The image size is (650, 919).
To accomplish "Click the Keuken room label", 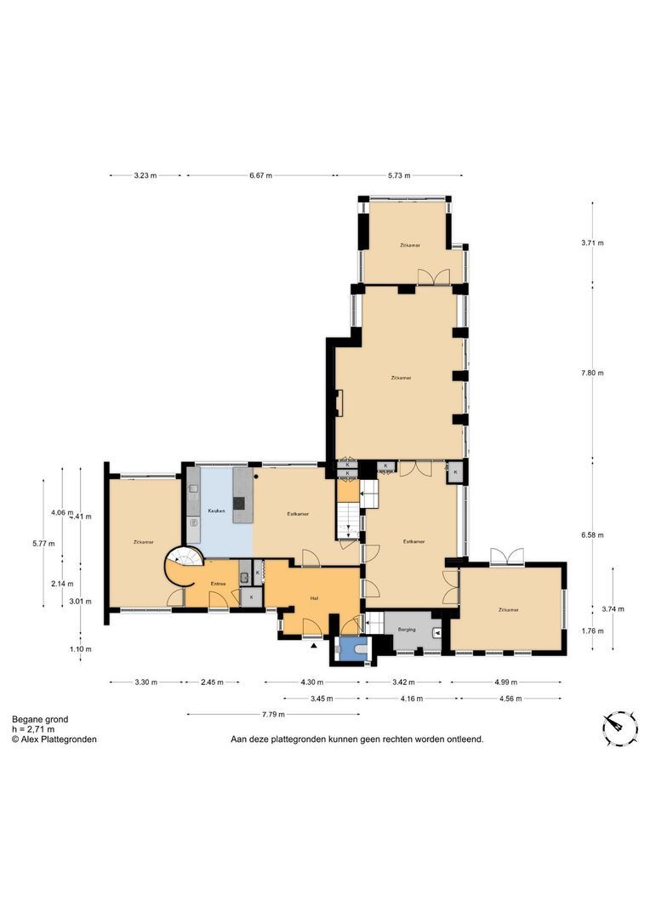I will point(216,511).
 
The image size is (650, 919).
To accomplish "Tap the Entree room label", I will point(219,584).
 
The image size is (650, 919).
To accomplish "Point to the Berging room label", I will point(405,631).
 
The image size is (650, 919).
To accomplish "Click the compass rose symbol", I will point(620,727).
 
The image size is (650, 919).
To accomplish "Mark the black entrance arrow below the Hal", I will point(314,646).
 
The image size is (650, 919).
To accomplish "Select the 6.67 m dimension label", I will point(261,176).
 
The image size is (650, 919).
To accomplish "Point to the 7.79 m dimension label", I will point(273,714).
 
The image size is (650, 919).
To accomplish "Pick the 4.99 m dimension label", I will point(505,682).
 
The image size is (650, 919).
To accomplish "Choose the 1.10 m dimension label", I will point(82,649).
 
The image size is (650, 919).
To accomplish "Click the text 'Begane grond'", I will point(40,719).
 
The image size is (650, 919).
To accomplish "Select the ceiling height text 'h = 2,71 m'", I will point(33,729).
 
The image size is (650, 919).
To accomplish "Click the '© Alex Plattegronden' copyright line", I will point(54,739).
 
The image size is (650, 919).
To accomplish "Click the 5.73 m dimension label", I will point(399,176).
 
